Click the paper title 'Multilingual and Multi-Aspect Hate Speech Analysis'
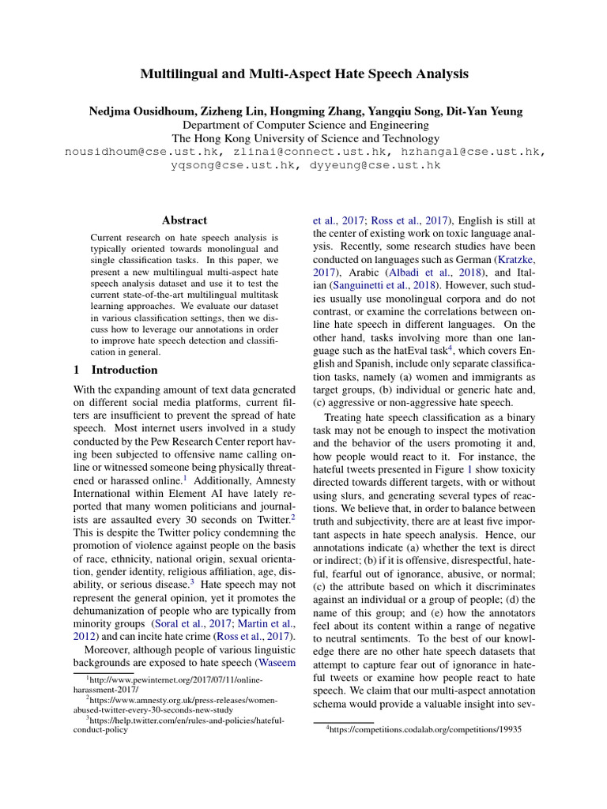point(304,73)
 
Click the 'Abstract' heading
point(184,220)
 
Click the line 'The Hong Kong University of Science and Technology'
point(304,138)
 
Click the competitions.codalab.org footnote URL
point(426,731)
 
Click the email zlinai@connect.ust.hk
point(304,152)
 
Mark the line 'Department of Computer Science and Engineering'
point(304,125)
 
